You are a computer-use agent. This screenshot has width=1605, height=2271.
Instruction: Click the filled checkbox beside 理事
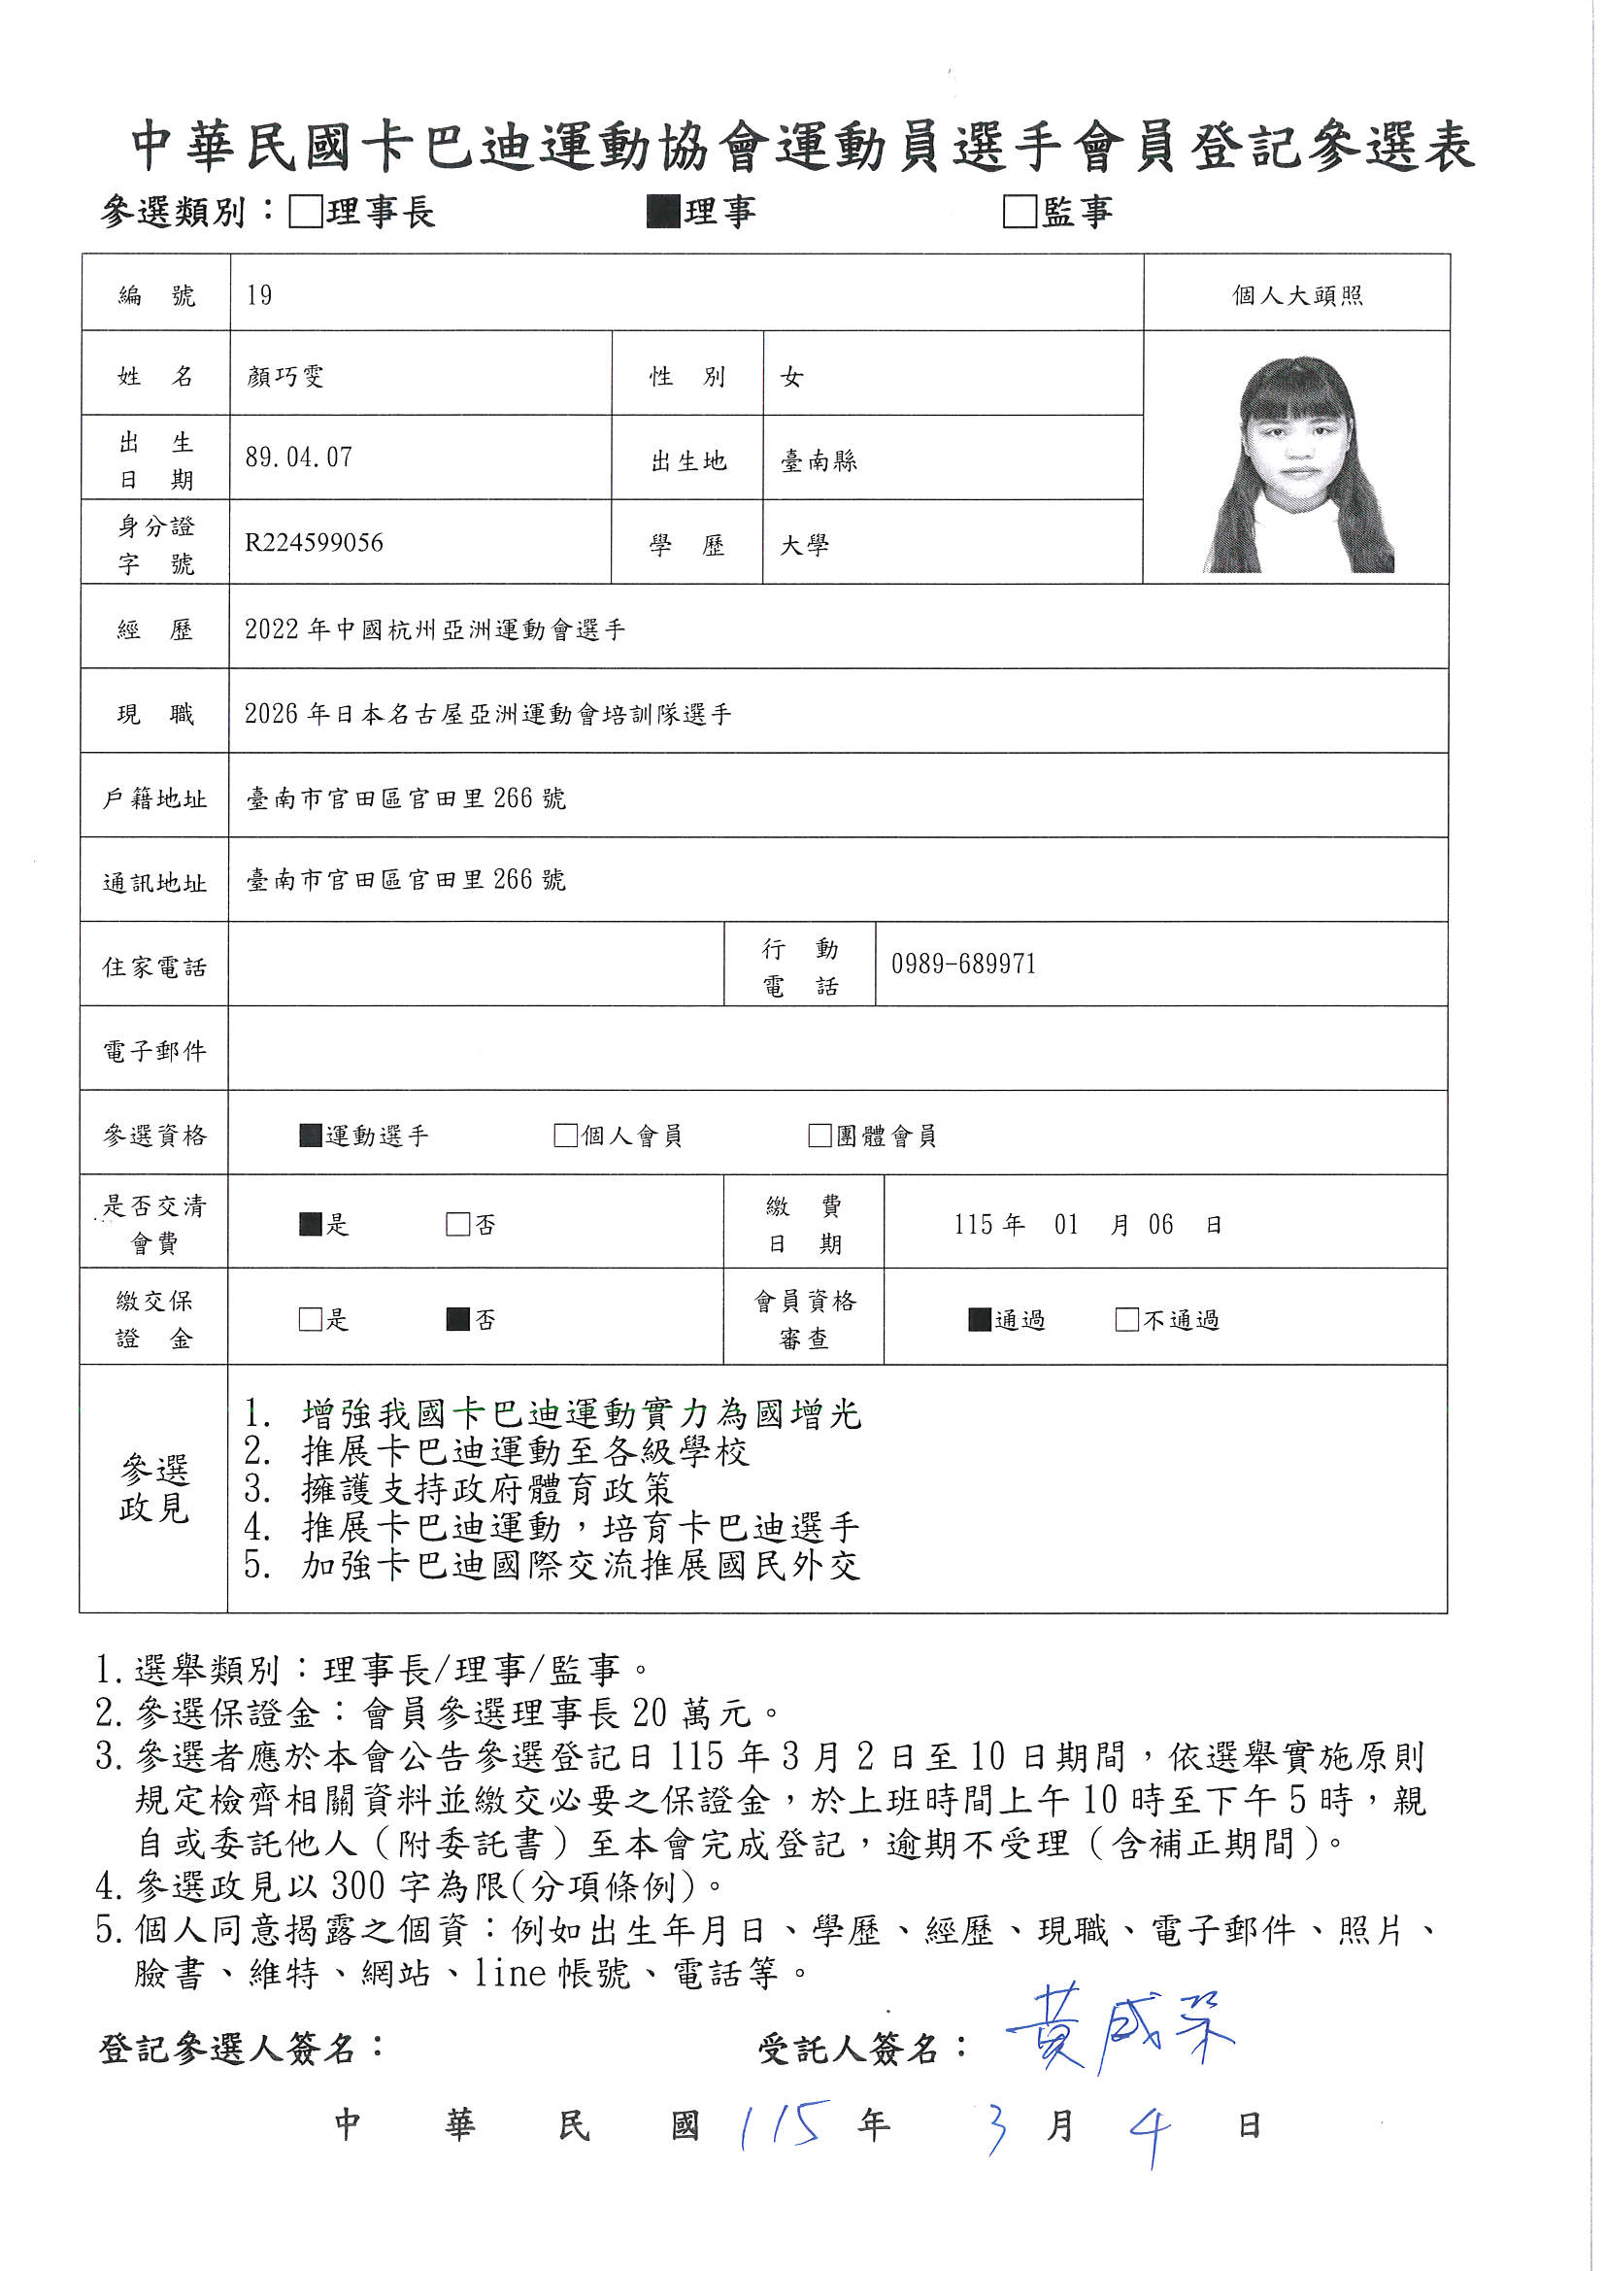(662, 212)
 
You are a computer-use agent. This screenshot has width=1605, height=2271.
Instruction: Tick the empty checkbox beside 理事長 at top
(306, 212)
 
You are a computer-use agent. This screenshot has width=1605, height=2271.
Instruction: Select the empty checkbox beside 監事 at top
(1020, 212)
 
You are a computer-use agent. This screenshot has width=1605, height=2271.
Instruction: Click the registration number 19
(259, 294)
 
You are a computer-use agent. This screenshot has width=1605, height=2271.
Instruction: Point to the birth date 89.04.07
(299, 457)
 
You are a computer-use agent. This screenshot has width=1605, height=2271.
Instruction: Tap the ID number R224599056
(314, 542)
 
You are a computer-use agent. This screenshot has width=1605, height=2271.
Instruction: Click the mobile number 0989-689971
(963, 964)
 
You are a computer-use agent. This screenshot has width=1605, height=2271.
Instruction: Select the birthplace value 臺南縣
(819, 461)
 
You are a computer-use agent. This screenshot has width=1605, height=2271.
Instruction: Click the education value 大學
(804, 545)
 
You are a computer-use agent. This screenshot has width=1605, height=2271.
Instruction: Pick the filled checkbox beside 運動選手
(311, 1135)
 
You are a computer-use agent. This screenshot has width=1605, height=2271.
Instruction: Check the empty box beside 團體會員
(819, 1135)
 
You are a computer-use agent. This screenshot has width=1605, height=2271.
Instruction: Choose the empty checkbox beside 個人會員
(566, 1135)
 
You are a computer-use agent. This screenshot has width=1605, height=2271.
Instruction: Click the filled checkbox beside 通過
(979, 1319)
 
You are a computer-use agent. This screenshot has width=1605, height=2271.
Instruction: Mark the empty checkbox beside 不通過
(1126, 1319)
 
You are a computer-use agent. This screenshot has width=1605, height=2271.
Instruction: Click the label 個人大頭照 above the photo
(1296, 295)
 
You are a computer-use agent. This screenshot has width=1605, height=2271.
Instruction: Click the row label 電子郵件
(155, 1050)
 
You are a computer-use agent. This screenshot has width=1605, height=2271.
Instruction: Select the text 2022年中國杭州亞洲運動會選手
(435, 629)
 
